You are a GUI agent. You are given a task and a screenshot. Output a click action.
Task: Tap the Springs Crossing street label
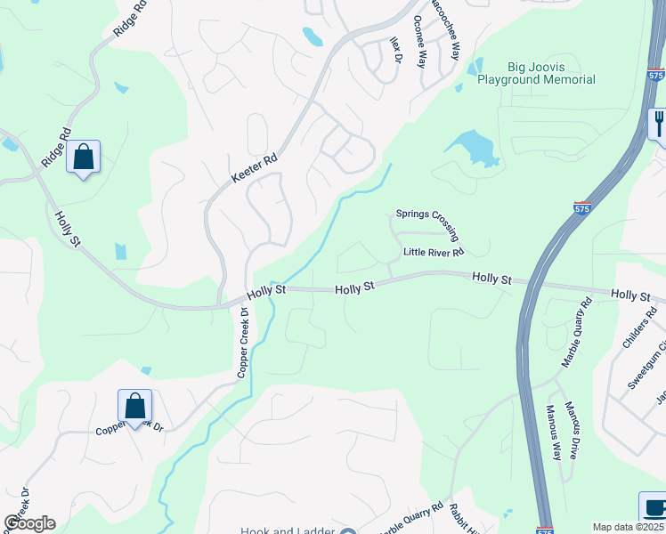coord(427,226)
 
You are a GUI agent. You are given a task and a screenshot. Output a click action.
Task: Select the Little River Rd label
coord(434,252)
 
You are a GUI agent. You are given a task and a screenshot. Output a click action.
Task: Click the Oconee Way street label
coord(421,40)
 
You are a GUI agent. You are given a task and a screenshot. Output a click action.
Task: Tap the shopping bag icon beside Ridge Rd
coord(83,158)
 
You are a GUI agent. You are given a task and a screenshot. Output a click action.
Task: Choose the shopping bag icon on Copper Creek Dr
coord(134,407)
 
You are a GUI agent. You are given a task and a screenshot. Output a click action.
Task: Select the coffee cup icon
coord(654,507)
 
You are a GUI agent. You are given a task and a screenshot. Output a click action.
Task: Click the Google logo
coord(29,523)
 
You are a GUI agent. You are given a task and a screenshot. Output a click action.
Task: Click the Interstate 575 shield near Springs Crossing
coord(581,207)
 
